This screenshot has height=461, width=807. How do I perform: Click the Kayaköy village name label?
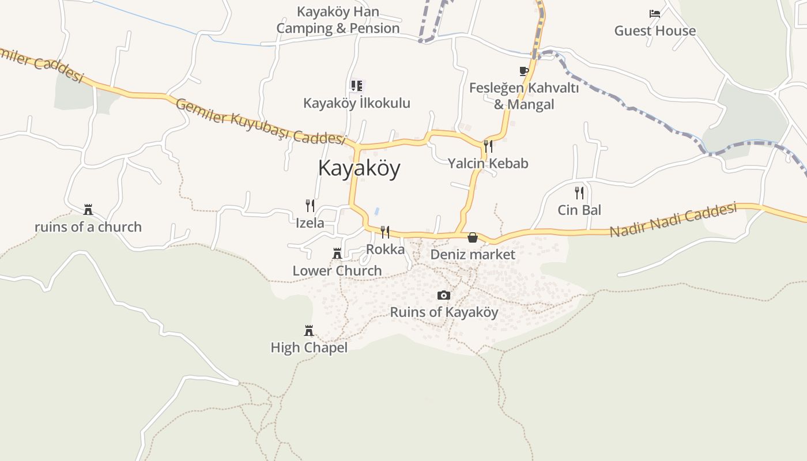coord(359,168)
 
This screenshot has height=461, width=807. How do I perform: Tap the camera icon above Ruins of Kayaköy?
coord(443,296)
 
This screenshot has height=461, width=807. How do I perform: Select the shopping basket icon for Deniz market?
coord(473,237)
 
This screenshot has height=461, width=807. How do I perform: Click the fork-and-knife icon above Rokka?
coord(385,232)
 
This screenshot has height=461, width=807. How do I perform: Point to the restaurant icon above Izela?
coord(310,206)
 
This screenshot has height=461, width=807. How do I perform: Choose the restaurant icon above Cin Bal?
coord(579,193)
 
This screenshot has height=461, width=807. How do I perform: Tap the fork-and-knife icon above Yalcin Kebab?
coord(488,146)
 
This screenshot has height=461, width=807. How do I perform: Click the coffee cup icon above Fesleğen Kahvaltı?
coord(524,71)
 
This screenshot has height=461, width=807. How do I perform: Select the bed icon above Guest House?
coord(655,14)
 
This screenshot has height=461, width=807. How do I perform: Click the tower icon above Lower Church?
coord(337,254)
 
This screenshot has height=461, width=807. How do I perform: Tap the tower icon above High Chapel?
coord(309,331)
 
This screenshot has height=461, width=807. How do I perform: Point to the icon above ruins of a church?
coord(88,210)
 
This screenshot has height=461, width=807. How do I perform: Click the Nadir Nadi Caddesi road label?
coord(673,220)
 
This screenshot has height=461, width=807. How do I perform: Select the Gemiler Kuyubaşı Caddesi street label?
coord(260,122)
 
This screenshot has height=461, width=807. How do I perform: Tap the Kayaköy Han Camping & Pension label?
coord(338,20)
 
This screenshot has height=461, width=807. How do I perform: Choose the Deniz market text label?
coord(473,254)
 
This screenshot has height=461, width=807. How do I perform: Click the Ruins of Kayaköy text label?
coord(444,312)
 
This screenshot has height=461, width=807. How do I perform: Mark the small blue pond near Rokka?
coord(377,211)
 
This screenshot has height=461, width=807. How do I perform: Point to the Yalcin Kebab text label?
coord(488,164)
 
